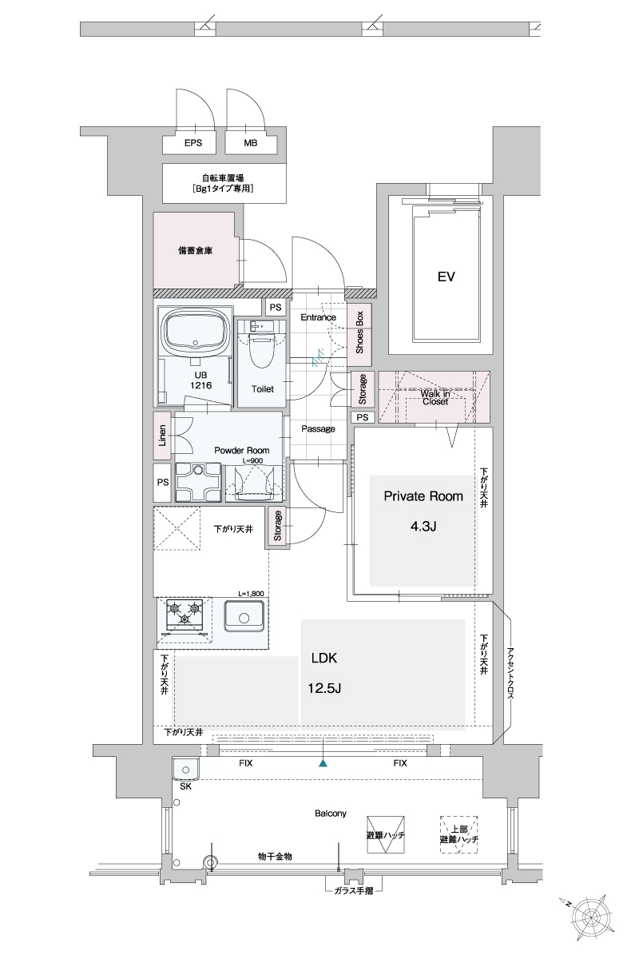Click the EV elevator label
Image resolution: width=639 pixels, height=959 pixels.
click(446, 277)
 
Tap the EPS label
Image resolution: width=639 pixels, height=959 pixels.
click(193, 143)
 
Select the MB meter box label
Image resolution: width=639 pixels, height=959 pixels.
click(250, 143)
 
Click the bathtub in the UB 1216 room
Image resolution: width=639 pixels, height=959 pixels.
click(196, 331)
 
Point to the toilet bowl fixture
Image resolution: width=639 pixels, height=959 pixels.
click(261, 350)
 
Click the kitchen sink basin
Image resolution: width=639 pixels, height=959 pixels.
click(244, 616)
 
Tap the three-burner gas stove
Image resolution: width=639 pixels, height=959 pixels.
click(185, 619)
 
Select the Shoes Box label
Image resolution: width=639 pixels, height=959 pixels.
click(359, 332)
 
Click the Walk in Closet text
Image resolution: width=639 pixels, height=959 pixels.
click(435, 397)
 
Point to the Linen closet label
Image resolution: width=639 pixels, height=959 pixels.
click(162, 436)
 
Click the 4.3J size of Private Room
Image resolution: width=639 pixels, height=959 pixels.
click(423, 526)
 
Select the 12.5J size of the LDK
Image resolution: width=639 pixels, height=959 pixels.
click(324, 688)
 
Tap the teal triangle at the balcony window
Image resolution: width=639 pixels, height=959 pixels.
click(323, 763)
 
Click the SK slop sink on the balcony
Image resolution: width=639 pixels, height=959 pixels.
click(185, 770)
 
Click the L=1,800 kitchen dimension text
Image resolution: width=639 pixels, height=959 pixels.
click(252, 594)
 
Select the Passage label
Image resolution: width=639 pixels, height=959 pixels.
click(318, 428)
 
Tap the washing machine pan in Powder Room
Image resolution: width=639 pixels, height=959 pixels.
click(198, 482)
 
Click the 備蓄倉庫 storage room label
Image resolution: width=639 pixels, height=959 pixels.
click(196, 251)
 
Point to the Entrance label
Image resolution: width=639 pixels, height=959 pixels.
click(318, 317)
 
